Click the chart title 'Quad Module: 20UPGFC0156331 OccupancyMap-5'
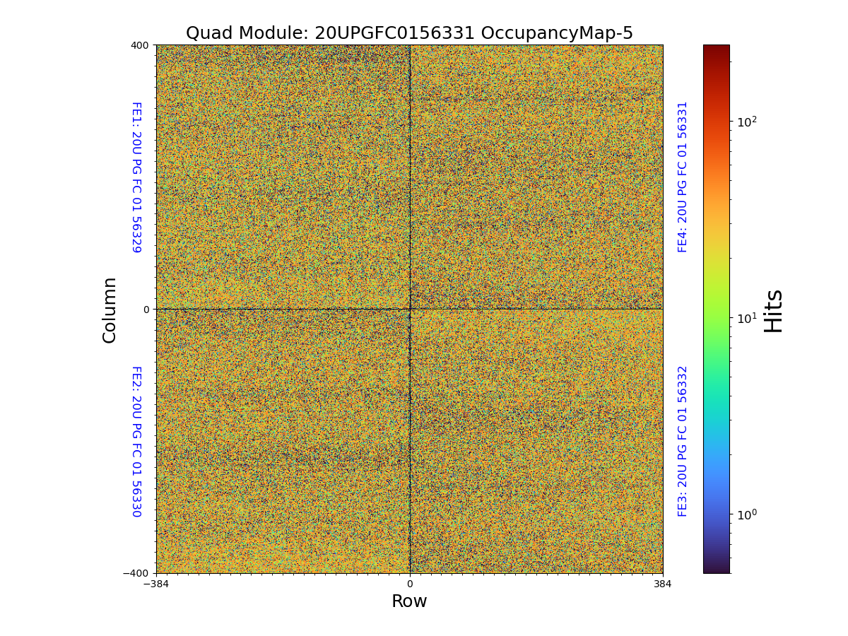pyautogui.click(x=409, y=33)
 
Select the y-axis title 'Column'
pyautogui.click(x=110, y=310)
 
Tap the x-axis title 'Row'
pyautogui.click(x=409, y=601)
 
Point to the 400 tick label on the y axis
pyautogui.click(x=139, y=45)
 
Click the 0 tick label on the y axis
pyautogui.click(x=146, y=310)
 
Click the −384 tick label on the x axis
pyautogui.click(x=156, y=584)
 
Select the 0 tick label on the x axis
pyautogui.click(x=409, y=584)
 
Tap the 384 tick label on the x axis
pyautogui.click(x=663, y=584)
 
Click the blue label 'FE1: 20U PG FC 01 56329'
pyautogui.click(x=136, y=177)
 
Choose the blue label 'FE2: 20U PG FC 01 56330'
pyautogui.click(x=136, y=441)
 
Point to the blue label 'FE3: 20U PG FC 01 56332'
pyautogui.click(x=683, y=441)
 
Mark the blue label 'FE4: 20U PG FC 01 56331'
pyautogui.click(x=683, y=177)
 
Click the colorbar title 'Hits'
pyautogui.click(x=775, y=310)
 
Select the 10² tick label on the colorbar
pyautogui.click(x=747, y=122)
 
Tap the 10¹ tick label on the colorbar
pyautogui.click(x=747, y=318)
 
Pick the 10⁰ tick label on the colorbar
pyautogui.click(x=747, y=514)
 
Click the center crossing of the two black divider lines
pyautogui.click(x=410, y=309)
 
